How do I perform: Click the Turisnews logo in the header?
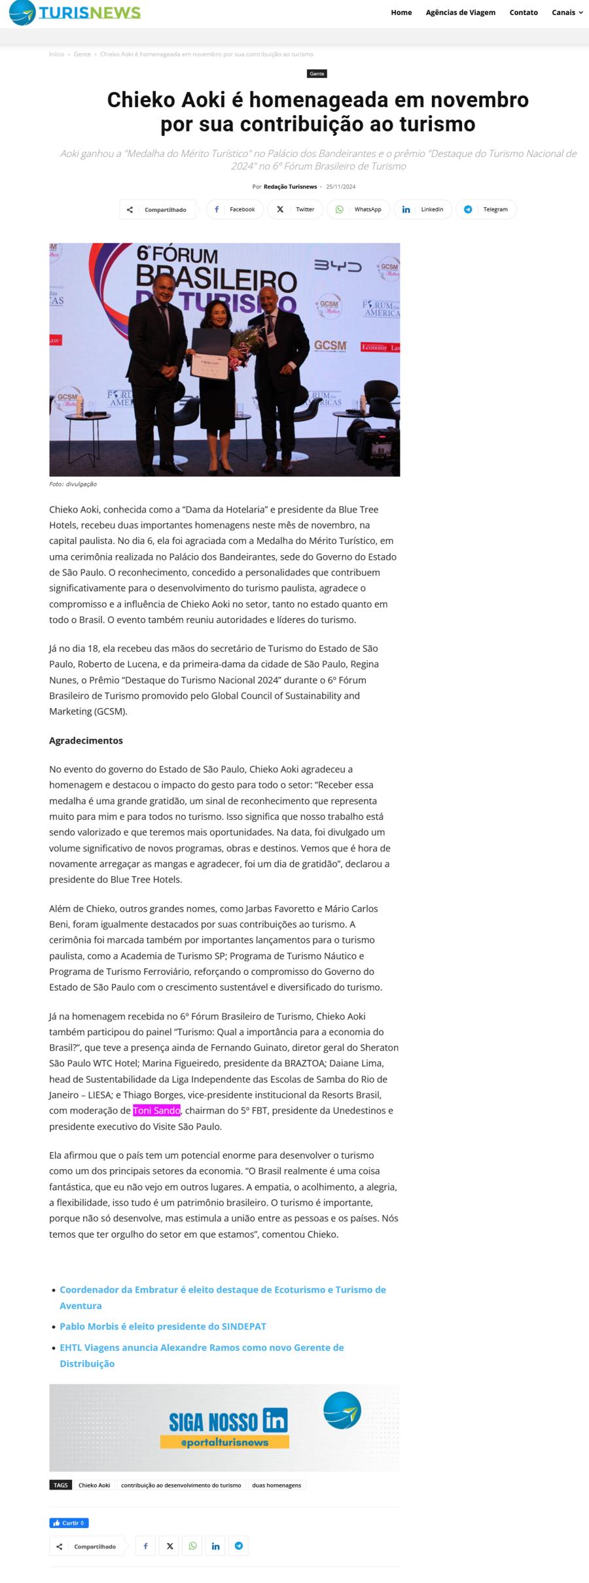75,12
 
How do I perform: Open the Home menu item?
401,12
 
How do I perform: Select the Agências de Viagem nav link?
460,12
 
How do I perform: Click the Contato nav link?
524,12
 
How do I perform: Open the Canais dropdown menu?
567,12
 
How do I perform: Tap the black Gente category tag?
317,74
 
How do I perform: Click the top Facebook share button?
235,209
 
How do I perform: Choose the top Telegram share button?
486,209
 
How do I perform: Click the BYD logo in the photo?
338,266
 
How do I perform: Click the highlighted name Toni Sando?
156,1111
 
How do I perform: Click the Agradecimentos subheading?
86,741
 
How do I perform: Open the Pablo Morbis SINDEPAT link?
163,1327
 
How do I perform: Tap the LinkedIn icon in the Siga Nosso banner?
275,1421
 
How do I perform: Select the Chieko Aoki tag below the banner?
94,1486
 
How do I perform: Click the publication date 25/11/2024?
341,187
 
